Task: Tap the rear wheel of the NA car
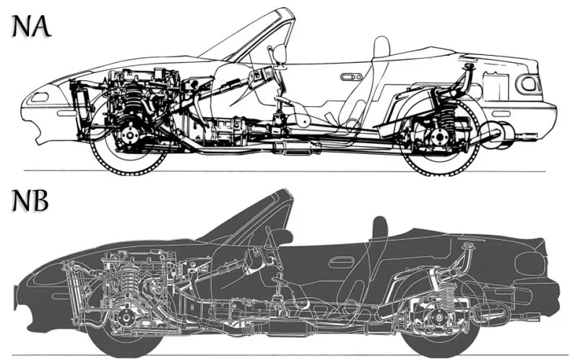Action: coord(440,138)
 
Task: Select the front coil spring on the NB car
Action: coord(133,281)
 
